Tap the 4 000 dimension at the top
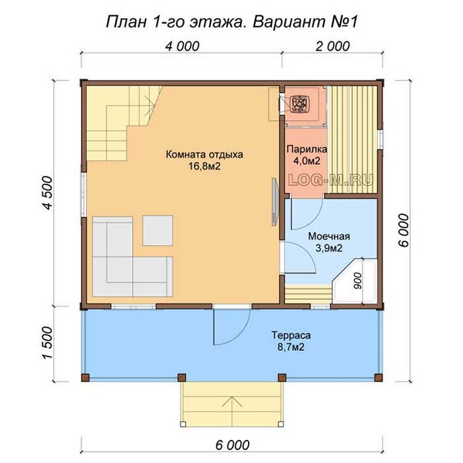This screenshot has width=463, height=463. [182, 46]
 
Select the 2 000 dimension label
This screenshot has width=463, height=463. [333, 46]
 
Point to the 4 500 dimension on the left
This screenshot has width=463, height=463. [47, 193]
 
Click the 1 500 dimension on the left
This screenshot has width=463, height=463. [47, 343]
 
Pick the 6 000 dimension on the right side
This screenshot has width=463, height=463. [404, 230]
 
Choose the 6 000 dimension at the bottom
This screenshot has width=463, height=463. [232, 445]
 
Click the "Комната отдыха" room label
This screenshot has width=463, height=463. [204, 154]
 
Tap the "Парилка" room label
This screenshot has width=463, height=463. [307, 149]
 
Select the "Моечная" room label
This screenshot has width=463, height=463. [329, 237]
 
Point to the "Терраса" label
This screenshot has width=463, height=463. [291, 336]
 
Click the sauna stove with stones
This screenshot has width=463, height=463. [299, 103]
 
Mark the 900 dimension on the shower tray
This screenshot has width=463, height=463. [357, 281]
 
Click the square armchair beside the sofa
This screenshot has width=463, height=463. [158, 231]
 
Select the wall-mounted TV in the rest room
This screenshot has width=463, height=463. [276, 202]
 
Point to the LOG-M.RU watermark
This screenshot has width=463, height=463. [331, 180]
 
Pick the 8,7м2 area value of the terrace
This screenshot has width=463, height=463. [291, 347]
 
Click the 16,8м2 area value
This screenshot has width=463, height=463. [205, 166]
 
